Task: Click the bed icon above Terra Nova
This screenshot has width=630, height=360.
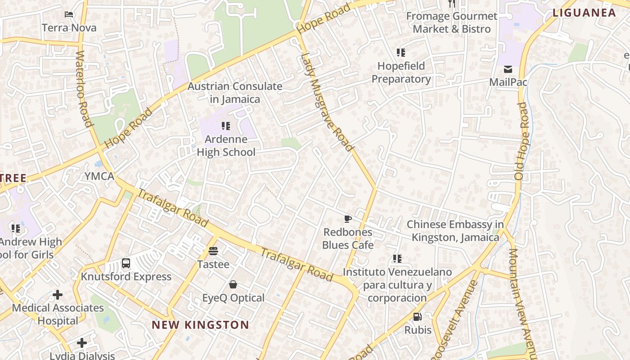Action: (x=69, y=14)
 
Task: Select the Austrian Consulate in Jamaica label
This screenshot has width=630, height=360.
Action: (x=234, y=93)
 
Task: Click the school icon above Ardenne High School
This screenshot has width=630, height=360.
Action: (x=226, y=126)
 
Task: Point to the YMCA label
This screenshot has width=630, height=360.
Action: (x=99, y=176)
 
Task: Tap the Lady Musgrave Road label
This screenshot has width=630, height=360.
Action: (x=326, y=102)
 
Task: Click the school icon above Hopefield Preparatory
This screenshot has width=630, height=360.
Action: (x=400, y=53)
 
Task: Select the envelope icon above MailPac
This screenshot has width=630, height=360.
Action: (x=508, y=69)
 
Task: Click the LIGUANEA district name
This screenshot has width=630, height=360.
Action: (x=584, y=13)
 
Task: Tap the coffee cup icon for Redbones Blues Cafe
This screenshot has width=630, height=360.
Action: (x=348, y=219)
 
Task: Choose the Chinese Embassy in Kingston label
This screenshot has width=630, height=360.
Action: (x=455, y=231)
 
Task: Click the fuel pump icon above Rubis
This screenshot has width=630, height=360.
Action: (x=418, y=317)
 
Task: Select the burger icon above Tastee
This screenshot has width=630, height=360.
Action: (x=213, y=251)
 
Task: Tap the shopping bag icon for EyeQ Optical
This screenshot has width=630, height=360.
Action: (x=233, y=284)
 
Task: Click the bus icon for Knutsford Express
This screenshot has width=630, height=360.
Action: (x=126, y=263)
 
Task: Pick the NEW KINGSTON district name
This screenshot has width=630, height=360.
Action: (x=200, y=325)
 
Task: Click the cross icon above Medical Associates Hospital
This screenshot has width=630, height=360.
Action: (x=58, y=295)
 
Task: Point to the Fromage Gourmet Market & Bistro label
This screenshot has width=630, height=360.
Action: (x=451, y=22)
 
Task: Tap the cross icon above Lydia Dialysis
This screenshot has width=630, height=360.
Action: (x=81, y=343)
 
